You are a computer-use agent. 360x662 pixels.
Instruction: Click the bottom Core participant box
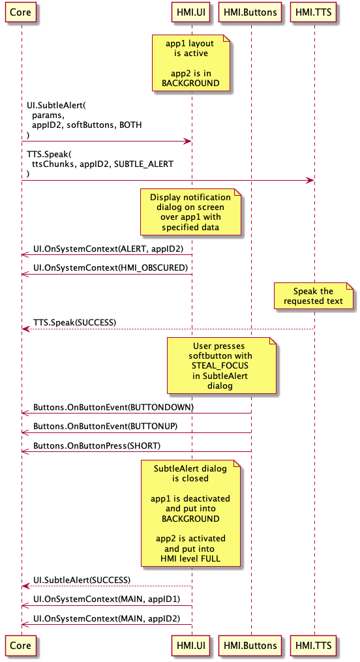pyautogui.click(x=21, y=646)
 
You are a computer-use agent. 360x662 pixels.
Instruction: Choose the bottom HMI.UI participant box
pyautogui.click(x=191, y=646)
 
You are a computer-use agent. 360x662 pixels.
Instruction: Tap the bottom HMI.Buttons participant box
pyautogui.click(x=250, y=646)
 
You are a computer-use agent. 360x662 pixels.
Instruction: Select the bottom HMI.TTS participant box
pyautogui.click(x=314, y=646)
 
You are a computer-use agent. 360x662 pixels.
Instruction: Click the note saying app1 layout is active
pyautogui.click(x=190, y=63)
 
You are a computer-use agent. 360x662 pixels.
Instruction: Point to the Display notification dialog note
pyautogui.click(x=190, y=213)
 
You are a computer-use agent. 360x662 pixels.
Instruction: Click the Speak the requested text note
pyautogui.click(x=313, y=296)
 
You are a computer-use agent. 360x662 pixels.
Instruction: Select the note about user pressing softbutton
pyautogui.click(x=222, y=367)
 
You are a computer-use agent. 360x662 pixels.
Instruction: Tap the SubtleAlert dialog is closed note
pyautogui.click(x=190, y=513)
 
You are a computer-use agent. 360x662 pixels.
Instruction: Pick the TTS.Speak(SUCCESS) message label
pyautogui.click(x=74, y=322)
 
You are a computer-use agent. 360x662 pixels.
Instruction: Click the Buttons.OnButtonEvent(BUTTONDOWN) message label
pyautogui.click(x=113, y=406)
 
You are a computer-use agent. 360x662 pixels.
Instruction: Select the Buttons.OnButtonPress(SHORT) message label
pyautogui.click(x=97, y=445)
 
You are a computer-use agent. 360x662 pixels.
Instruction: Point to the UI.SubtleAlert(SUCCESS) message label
pyautogui.click(x=82, y=579)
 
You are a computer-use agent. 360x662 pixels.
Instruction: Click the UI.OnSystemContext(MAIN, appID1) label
pyautogui.click(x=106, y=599)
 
